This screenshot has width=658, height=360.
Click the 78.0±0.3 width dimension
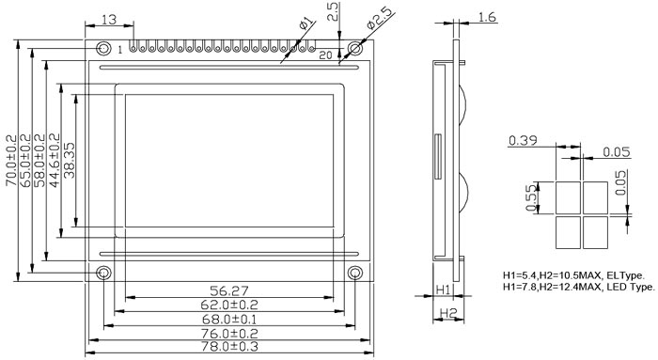(229, 347)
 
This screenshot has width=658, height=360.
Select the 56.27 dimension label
(229, 290)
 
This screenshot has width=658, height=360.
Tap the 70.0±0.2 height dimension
(11, 161)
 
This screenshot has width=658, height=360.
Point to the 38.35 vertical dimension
(70, 161)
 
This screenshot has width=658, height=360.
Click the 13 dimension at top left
(109, 20)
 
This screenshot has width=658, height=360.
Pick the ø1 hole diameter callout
(306, 23)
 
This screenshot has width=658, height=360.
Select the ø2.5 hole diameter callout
(381, 18)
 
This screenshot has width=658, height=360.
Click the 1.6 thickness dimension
(487, 17)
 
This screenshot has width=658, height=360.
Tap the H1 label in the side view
(443, 290)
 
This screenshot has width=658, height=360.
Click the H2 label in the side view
(447, 313)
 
